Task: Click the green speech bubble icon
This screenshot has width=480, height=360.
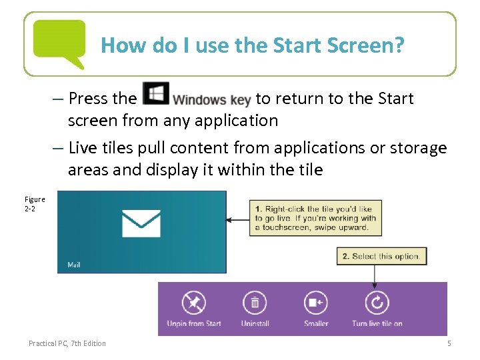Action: (x=59, y=42)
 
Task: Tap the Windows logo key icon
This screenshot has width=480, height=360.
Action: (x=155, y=94)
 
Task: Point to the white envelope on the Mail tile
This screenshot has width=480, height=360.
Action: (x=141, y=223)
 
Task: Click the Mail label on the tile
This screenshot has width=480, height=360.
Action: (x=74, y=265)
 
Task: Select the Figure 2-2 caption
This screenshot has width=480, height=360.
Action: (x=35, y=203)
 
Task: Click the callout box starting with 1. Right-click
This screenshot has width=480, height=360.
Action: (x=315, y=217)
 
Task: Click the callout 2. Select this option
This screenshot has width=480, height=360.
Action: (x=381, y=256)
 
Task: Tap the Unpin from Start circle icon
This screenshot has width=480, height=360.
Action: (x=193, y=303)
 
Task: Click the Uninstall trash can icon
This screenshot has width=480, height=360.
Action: (x=255, y=303)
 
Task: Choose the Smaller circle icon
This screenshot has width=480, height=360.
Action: (x=316, y=303)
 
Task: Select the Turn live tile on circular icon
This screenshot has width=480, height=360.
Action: (x=377, y=303)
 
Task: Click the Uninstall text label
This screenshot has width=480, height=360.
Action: (x=255, y=324)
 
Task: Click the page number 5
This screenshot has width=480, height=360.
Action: (x=449, y=343)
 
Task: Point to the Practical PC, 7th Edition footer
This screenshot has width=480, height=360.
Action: (x=67, y=343)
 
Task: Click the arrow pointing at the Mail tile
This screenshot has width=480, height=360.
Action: (x=237, y=219)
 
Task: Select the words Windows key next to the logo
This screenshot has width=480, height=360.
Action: (x=211, y=100)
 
